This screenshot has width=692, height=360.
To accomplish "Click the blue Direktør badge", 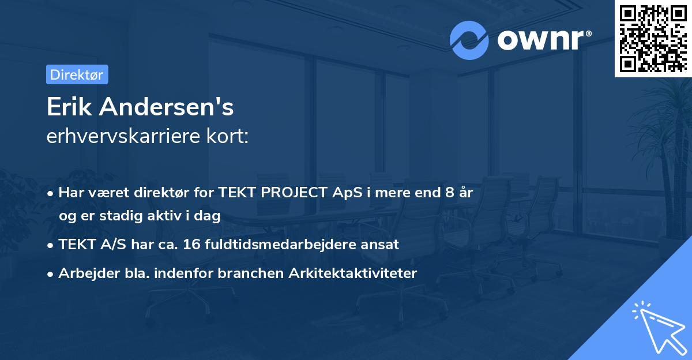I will tap(77, 74).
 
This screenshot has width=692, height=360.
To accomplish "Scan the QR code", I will tap(653, 38).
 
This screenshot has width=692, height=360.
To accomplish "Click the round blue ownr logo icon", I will tap(469, 40).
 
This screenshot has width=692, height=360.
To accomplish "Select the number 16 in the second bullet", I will tap(190, 244).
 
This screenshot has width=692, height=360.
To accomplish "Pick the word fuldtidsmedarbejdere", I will tap(280, 244).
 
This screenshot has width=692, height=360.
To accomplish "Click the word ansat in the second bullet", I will tap(381, 244).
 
